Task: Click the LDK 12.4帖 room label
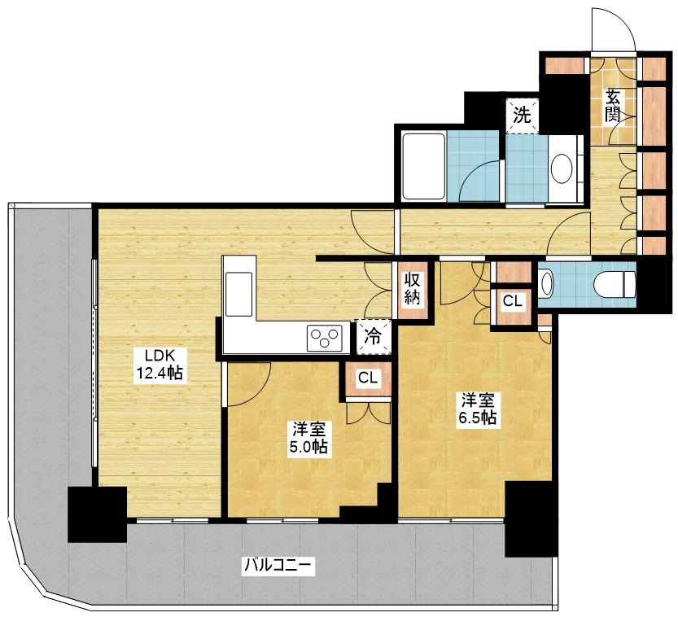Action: point(160,365)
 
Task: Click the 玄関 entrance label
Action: point(613,107)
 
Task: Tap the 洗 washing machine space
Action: point(522,116)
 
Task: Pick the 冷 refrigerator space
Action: point(373,336)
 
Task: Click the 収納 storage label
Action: point(412,289)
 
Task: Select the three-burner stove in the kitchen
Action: point(324,338)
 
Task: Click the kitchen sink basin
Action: point(239,294)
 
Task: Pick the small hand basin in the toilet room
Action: point(546,283)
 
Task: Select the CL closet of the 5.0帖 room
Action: point(368,378)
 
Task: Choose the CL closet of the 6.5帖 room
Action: point(513,301)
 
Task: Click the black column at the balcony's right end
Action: point(531,518)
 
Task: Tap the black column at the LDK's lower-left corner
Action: point(98,514)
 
